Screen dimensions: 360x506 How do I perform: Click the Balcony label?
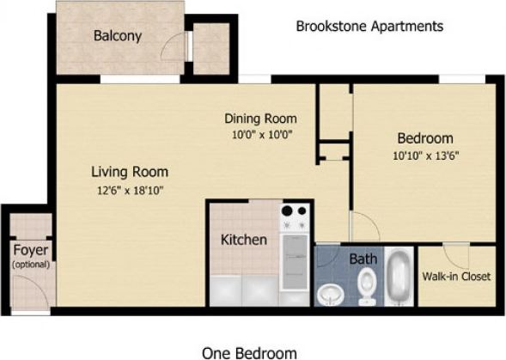coord(118,36)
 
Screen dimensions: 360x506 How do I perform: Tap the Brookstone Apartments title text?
coord(369,27)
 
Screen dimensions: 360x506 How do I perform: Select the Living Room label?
coord(130,171)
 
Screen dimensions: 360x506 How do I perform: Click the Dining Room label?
coord(260,119)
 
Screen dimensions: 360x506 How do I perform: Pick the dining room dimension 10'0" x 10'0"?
coord(260,135)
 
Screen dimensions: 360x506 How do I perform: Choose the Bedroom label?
coord(424,138)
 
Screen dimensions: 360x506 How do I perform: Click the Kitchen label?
coord(244,240)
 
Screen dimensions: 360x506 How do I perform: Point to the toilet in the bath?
coord(367,284)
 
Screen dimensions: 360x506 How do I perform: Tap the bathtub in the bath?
coord(398,277)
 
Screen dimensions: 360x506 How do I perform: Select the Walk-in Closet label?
coord(456,277)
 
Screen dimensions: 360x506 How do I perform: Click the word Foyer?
coord(30,252)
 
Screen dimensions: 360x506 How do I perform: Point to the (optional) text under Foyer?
coord(30,265)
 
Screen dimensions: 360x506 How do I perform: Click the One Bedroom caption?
coord(249,352)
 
